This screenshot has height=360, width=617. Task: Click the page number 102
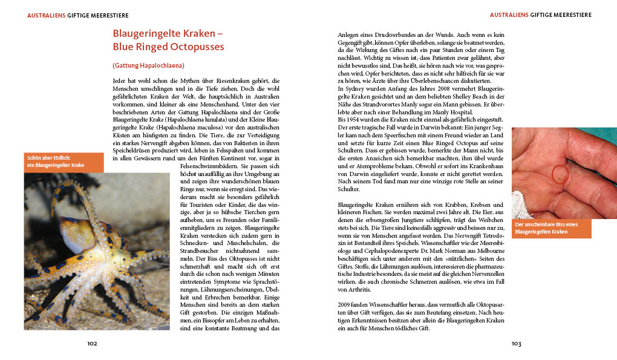(92, 344)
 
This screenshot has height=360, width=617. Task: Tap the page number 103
(516, 344)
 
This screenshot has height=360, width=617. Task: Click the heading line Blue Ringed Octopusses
(168, 47)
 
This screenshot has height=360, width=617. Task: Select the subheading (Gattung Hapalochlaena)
(148, 65)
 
